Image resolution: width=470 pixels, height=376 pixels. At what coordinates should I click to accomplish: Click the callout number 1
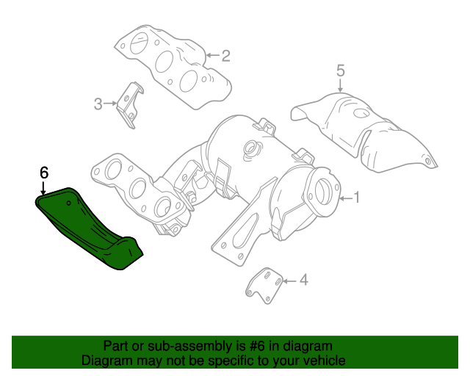[x=358, y=197]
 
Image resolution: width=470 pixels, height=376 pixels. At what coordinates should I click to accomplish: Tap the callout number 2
[x=226, y=55]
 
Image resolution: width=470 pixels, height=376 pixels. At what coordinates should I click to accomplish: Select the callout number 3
[x=98, y=104]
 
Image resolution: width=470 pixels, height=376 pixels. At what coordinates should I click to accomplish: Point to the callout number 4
[x=304, y=280]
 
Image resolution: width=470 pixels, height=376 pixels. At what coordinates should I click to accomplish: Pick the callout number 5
[x=341, y=70]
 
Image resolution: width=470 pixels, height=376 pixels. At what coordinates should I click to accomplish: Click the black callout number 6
[x=43, y=173]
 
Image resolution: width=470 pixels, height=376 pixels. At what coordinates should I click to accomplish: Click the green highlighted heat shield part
[x=88, y=228]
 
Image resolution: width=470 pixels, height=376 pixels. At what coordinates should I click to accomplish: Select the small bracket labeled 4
[x=264, y=286]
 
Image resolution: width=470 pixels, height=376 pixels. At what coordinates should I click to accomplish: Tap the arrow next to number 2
[x=211, y=55]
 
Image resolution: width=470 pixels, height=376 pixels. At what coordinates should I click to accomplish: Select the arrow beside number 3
[x=112, y=104]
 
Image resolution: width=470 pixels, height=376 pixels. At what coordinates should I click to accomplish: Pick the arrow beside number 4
[x=289, y=280]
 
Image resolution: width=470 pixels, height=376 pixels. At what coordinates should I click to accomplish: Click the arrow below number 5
[x=341, y=86]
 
